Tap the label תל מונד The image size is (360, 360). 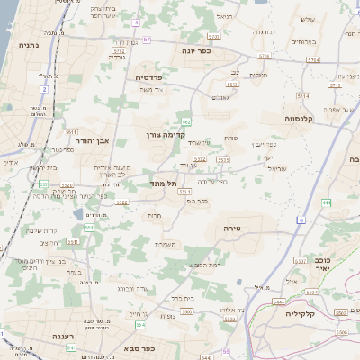(163, 183)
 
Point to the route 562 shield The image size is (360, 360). (185, 121)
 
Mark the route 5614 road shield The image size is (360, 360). (303, 93)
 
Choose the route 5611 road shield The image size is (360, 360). (184, 191)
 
